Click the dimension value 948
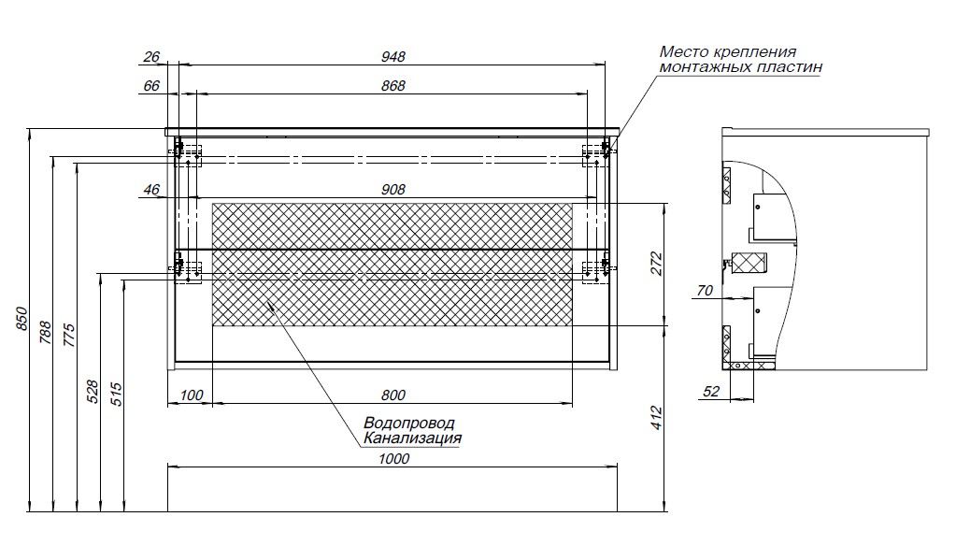tap(393, 56)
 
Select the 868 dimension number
tap(393, 86)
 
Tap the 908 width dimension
tap(393, 190)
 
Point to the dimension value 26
tap(151, 56)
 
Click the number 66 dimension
tap(151, 86)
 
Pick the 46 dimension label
tap(151, 190)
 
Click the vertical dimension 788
tap(44, 334)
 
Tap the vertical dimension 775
tap(68, 334)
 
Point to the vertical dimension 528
tap(92, 391)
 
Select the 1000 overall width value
tap(393, 459)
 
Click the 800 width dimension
tap(393, 395)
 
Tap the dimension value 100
tap(190, 395)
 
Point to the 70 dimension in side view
tap(704, 291)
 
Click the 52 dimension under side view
tap(710, 392)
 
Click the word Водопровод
tap(409, 423)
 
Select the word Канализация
tap(412, 438)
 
